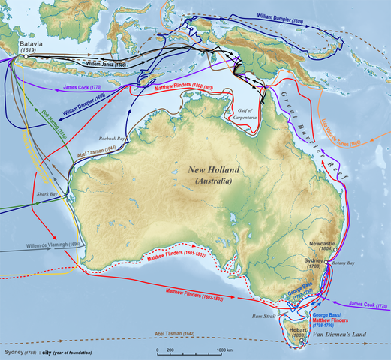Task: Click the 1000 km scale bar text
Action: pyautogui.click(x=227, y=350)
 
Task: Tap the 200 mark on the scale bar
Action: pyautogui.click(x=170, y=350)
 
